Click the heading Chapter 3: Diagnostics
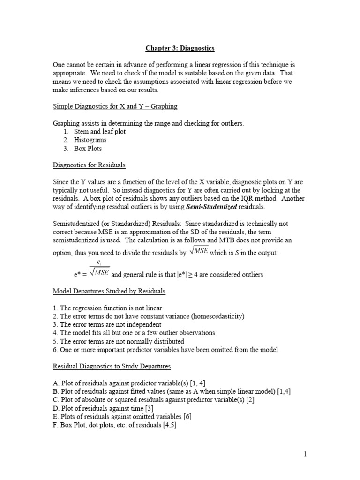click(180, 48)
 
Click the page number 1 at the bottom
click(305, 454)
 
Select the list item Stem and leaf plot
click(99, 131)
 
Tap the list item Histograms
click(90, 140)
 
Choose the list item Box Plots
click(88, 148)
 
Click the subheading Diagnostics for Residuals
click(89, 165)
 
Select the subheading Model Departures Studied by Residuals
click(109, 291)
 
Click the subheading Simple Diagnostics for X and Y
click(115, 106)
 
